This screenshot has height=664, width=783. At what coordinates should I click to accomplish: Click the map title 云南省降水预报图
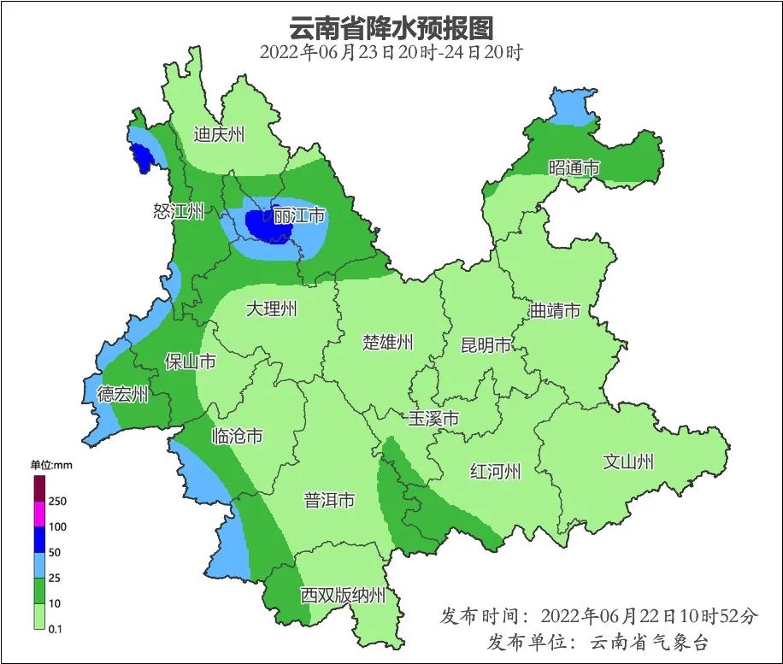click(x=391, y=27)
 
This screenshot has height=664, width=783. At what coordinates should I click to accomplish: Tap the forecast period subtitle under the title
click(x=391, y=52)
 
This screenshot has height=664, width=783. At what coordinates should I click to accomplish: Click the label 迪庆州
click(x=219, y=134)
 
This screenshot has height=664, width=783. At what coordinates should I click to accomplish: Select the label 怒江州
click(x=179, y=211)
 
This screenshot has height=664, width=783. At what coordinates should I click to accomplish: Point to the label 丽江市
click(x=299, y=216)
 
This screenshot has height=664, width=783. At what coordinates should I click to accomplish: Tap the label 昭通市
click(x=574, y=168)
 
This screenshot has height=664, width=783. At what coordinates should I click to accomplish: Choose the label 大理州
click(x=271, y=308)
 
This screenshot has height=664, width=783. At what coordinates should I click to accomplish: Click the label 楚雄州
click(x=387, y=343)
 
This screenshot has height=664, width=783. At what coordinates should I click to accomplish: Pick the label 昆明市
click(x=486, y=345)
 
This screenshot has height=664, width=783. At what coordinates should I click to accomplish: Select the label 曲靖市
click(x=555, y=310)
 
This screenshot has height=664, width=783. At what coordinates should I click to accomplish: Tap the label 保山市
click(x=190, y=361)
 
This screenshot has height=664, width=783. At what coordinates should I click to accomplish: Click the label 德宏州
click(x=122, y=394)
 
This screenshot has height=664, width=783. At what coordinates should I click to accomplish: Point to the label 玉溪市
click(x=433, y=419)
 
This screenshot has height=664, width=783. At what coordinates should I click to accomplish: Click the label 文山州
click(x=628, y=461)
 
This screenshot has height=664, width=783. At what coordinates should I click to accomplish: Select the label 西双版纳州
click(x=343, y=596)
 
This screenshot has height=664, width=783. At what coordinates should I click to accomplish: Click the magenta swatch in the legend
click(x=38, y=514)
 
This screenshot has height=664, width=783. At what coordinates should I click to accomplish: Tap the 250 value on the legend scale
click(x=57, y=501)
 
